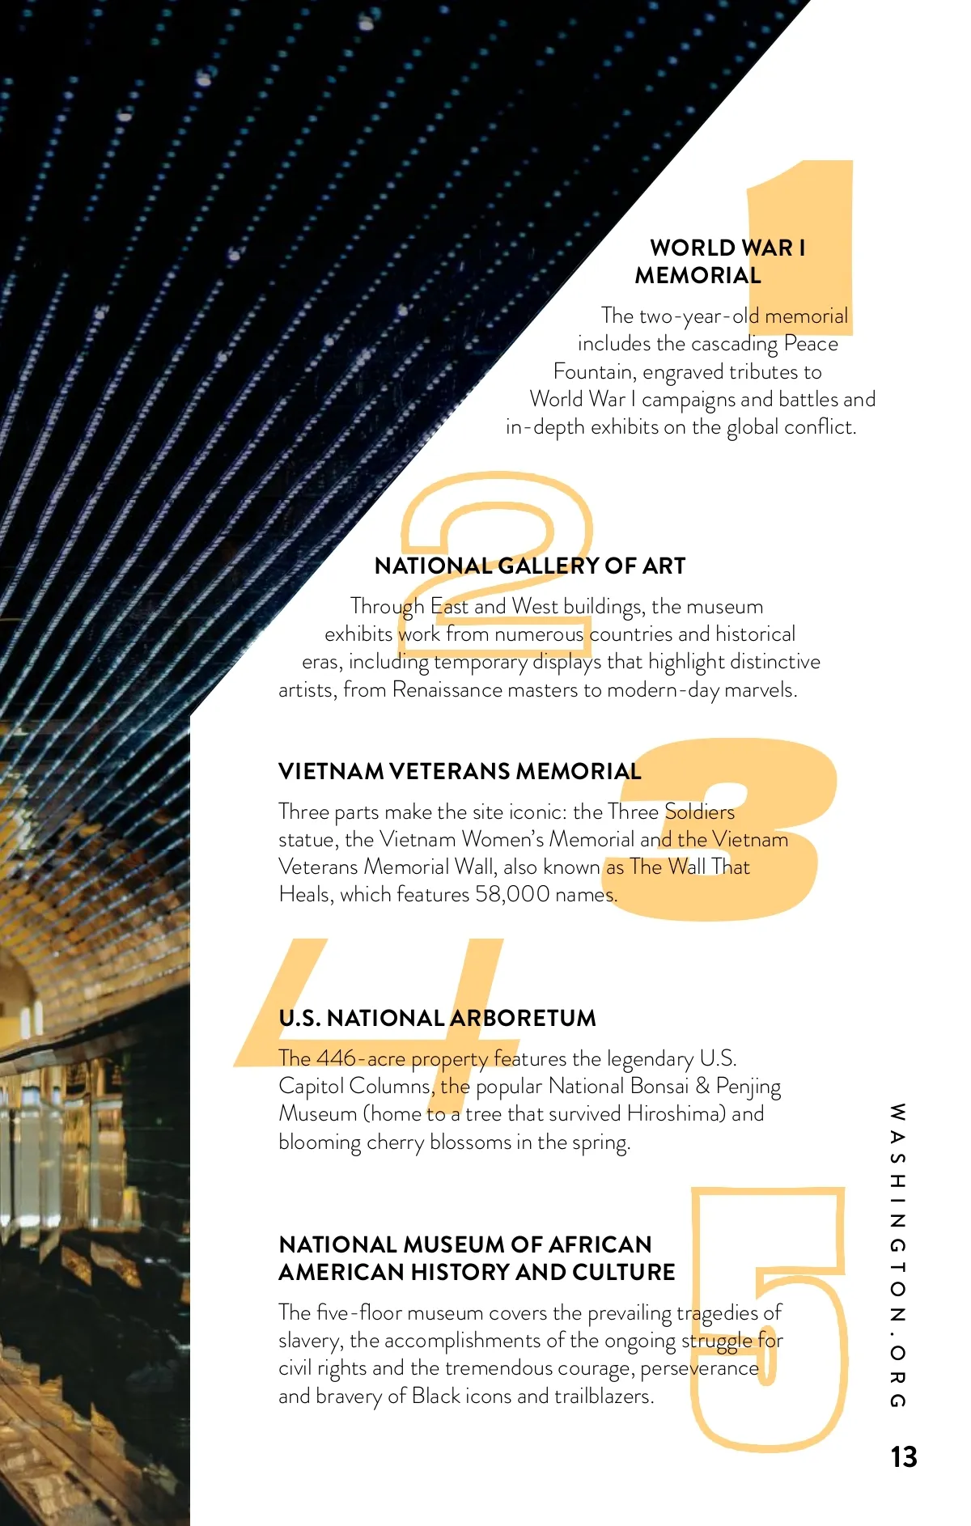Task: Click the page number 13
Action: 903,1456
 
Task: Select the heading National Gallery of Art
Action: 530,566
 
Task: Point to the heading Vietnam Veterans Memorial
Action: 460,771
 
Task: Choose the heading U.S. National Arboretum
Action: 437,1018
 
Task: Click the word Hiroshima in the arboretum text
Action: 676,1113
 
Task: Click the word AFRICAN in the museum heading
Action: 600,1244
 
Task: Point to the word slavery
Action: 309,1341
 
